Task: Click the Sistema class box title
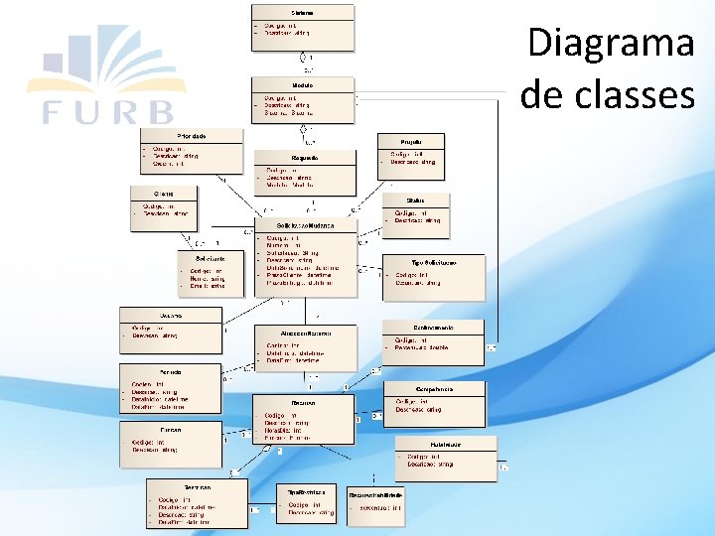point(303,11)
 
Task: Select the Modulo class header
point(303,86)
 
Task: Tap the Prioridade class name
point(192,135)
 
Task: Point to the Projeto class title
point(410,143)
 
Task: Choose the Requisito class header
point(305,158)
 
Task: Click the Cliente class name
point(163,193)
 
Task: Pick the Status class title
point(415,201)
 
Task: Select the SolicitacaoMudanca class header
point(305,225)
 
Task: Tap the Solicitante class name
point(209,257)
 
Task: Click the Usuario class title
point(157,315)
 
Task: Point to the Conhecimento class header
point(433,327)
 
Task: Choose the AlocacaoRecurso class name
point(305,334)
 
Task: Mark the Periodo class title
point(156,371)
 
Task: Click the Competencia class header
point(435,389)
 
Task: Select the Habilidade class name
point(445,443)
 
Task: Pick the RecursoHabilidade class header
point(375,493)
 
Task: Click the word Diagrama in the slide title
point(610,44)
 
